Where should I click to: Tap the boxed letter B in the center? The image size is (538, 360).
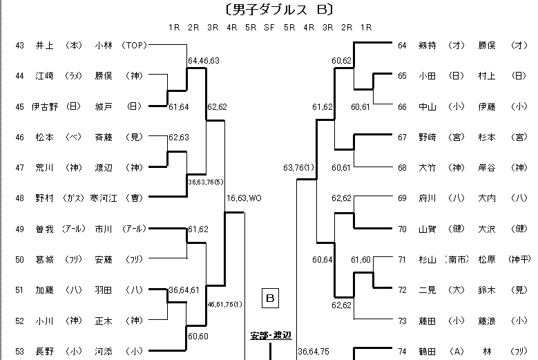[x=271, y=299]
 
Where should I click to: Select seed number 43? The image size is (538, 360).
[x=19, y=46]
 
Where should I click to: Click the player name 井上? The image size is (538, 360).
[x=44, y=46]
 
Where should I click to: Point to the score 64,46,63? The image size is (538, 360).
[x=204, y=61]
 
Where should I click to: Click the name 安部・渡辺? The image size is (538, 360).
[x=270, y=336]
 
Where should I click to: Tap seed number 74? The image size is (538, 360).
[x=402, y=352]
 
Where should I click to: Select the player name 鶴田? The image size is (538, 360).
[x=428, y=352]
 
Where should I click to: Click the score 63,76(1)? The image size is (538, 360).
[x=298, y=167]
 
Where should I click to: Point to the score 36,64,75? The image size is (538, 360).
[x=314, y=352]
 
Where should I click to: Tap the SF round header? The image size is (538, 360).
[x=270, y=28]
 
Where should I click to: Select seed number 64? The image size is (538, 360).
[x=402, y=46]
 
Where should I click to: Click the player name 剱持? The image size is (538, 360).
[x=428, y=46]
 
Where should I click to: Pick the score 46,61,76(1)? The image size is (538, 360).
[x=224, y=304]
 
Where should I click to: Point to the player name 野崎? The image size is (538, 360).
[x=428, y=137]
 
